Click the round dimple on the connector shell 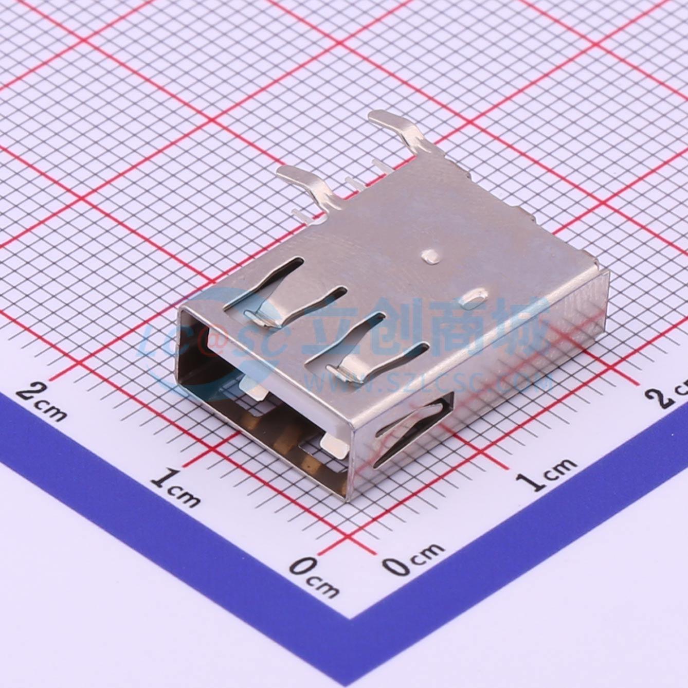(430, 256)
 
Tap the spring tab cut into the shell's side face (406, 429)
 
